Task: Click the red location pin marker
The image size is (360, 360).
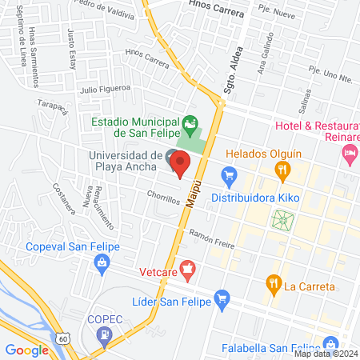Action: coord(180,163)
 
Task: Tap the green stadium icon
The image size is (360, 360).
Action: coord(190,124)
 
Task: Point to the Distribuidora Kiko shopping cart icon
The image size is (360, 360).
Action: coord(230,174)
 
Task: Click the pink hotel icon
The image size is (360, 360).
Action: coord(349,152)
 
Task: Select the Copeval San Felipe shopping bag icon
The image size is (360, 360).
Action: coord(102,262)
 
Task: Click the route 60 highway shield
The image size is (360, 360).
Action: coord(63,339)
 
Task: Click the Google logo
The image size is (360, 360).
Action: coord(26,350)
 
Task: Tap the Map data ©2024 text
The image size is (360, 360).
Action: coord(324,354)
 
